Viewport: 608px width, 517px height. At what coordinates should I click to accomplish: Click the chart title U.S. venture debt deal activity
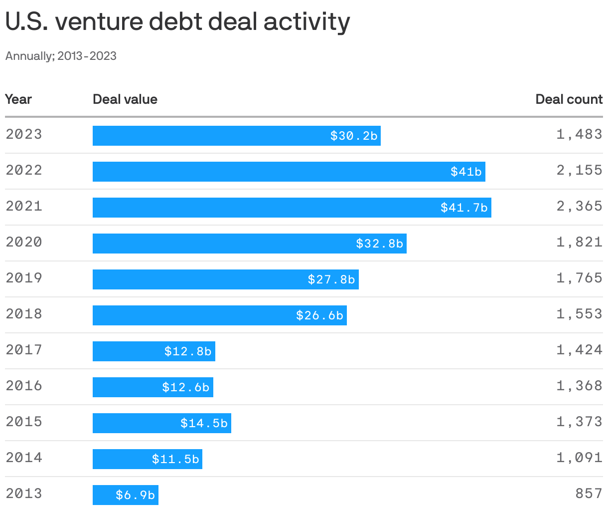tap(177, 22)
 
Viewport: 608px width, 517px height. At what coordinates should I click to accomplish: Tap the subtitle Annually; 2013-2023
tap(61, 56)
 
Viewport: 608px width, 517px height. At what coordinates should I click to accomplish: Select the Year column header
tap(18, 99)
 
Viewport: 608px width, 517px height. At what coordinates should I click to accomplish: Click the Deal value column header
tap(125, 99)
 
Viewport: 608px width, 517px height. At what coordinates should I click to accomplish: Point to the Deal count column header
tap(569, 99)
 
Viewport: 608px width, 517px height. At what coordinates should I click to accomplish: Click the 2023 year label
tap(24, 134)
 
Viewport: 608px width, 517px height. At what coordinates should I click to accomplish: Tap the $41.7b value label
tap(464, 208)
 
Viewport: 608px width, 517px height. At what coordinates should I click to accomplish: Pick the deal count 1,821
tap(579, 242)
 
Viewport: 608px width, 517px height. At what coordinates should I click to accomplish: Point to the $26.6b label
tap(319, 315)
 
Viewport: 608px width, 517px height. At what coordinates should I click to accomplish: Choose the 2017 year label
tap(24, 350)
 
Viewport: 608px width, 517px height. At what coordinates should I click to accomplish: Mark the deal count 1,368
tap(579, 386)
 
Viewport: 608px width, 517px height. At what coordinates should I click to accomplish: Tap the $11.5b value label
tap(175, 459)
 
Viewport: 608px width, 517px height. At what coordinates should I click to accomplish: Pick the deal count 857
tap(589, 494)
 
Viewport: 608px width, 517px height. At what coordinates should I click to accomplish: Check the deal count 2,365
tap(579, 206)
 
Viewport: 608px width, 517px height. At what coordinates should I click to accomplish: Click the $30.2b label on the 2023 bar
tap(354, 136)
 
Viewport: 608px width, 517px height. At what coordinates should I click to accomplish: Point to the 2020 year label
tap(24, 242)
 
